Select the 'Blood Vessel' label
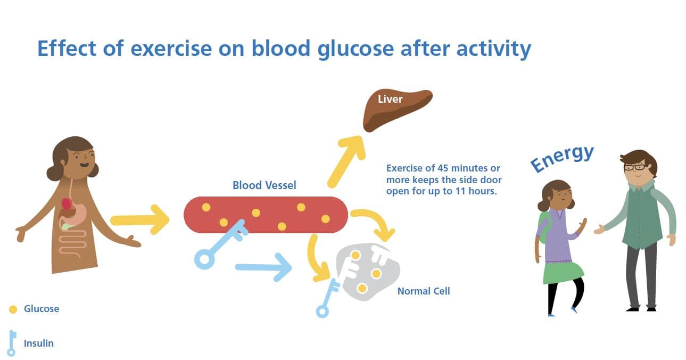coord(264,185)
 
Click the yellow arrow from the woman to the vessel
coord(139,219)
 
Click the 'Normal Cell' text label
coord(423,291)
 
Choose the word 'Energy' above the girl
coord(562,158)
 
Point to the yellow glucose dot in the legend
coord(13,309)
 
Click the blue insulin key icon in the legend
coord(12,343)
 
